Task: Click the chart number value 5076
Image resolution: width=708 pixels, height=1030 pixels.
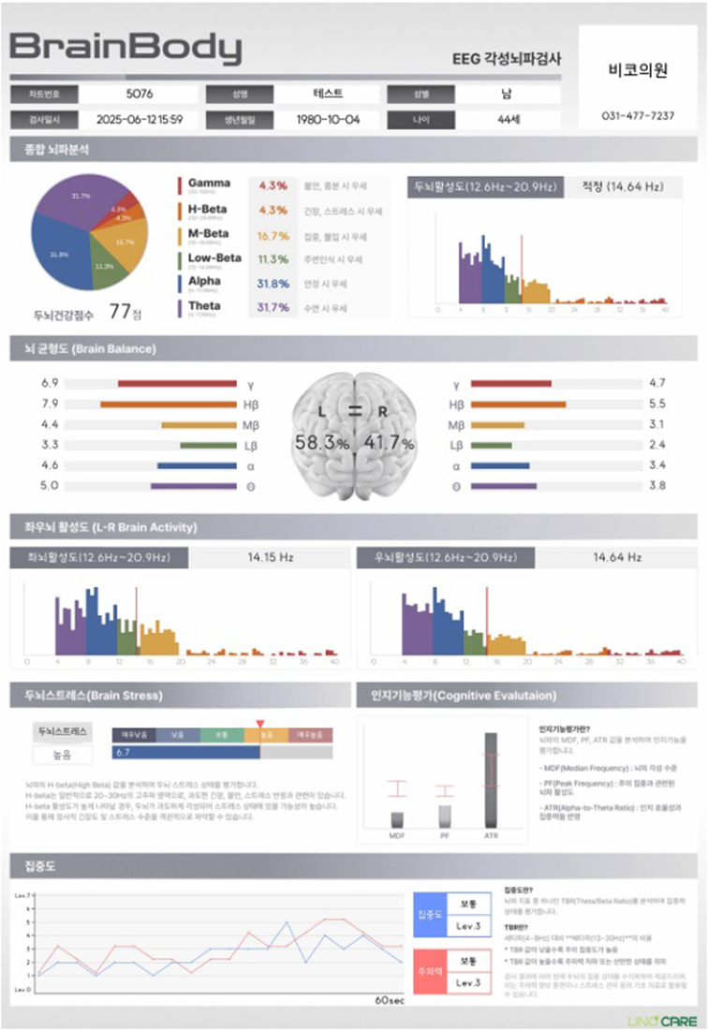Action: click(140, 94)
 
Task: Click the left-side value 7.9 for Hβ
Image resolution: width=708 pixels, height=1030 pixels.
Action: click(50, 404)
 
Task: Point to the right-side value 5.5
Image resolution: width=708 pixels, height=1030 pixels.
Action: click(656, 404)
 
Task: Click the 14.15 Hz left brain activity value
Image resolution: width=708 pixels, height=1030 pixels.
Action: click(271, 557)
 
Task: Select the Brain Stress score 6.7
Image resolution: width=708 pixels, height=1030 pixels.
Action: click(122, 752)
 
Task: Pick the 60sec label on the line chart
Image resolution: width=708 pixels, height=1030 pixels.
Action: click(389, 999)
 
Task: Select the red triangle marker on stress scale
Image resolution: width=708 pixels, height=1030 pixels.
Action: click(260, 723)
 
